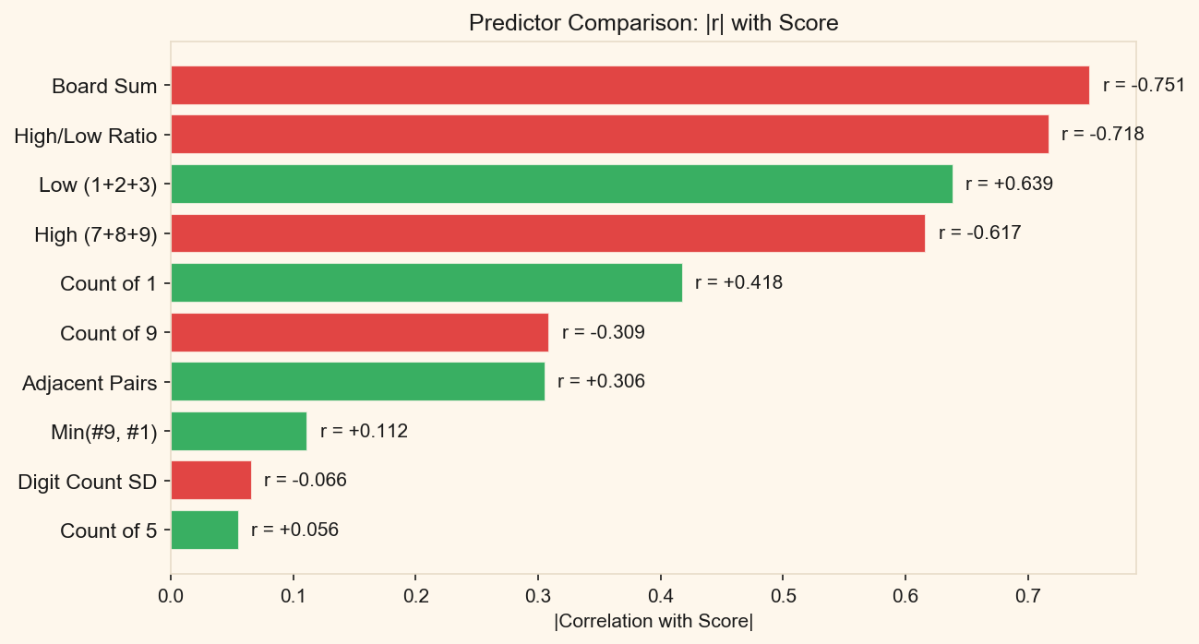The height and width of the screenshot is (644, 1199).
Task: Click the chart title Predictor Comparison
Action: coord(653,23)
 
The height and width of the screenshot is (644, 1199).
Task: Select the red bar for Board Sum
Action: coord(629,85)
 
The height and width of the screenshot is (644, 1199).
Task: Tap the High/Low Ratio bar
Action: coord(609,135)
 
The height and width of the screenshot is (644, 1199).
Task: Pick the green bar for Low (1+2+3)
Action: coord(561,184)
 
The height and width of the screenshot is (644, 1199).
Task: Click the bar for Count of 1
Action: coord(426,282)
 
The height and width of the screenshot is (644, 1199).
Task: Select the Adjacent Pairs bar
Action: coord(357,381)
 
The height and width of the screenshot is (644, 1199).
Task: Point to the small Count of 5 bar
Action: coord(204,530)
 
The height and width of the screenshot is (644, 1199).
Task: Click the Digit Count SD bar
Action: coord(210,480)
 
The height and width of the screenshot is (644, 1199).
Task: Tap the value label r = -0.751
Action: coord(1144,85)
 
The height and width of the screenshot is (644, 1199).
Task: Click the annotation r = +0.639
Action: coord(1009,184)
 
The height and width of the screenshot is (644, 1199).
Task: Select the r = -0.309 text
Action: coord(603,332)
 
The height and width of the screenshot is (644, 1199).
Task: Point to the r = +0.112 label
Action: coord(364,431)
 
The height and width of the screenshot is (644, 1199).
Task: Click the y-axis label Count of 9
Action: coord(108,332)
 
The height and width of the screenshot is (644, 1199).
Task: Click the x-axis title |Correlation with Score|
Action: coord(653,622)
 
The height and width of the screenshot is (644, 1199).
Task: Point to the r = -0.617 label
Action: coord(979,233)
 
